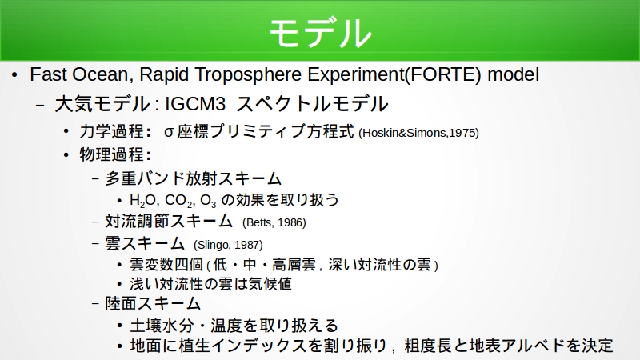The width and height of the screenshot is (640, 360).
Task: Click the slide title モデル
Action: point(321,33)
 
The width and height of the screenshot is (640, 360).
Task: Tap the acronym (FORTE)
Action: point(444,74)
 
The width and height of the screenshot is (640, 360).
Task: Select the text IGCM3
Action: point(195,104)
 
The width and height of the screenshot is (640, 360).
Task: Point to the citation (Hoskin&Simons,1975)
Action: point(418,133)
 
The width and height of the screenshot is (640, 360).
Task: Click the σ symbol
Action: point(169,132)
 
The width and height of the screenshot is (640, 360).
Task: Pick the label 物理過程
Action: point(112,154)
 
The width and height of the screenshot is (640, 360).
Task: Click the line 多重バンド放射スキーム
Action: point(194,178)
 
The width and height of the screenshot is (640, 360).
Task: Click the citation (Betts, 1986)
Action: point(274,222)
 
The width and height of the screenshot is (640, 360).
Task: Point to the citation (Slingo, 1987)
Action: point(228,245)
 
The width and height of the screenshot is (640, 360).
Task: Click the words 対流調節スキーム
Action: point(169,221)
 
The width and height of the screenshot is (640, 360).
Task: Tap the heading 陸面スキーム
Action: point(153,303)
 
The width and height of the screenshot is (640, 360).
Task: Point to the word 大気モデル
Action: point(102,104)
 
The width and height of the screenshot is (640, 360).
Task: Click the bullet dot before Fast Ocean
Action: point(14,74)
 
